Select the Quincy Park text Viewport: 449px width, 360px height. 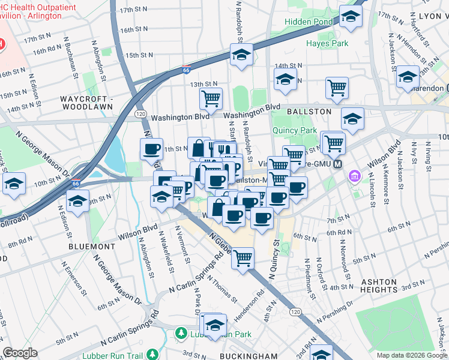point(294,130)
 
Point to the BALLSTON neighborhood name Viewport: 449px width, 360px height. point(309,112)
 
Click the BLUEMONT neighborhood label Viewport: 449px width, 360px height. point(92,246)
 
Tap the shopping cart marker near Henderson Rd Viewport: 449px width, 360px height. point(243,259)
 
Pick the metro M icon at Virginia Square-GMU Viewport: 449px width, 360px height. point(337,164)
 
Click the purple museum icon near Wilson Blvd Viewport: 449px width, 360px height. point(355,177)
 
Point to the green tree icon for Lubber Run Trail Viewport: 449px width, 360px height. point(153,353)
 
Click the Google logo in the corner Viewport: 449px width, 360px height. point(20,353)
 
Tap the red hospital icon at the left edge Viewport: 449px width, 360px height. point(1,44)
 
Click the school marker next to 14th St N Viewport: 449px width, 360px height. point(286,79)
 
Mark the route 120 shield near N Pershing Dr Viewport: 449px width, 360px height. point(295,312)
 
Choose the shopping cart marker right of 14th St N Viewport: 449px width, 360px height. point(337,88)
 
